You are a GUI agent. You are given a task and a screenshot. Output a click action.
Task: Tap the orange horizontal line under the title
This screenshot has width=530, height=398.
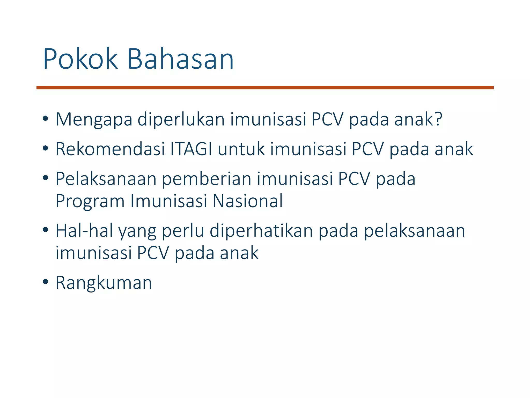click(x=265, y=88)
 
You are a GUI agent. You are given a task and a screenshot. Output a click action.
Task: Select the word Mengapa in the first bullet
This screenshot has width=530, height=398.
click(x=94, y=120)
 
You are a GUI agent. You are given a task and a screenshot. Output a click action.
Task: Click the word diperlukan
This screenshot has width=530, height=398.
click(x=181, y=120)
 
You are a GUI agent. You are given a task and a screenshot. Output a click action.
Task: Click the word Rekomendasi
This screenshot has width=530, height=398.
click(x=110, y=150)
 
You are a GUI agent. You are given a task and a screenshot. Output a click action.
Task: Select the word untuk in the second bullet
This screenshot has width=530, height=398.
click(x=241, y=150)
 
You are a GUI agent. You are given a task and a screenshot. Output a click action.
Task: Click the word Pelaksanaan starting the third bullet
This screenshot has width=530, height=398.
click(x=106, y=179)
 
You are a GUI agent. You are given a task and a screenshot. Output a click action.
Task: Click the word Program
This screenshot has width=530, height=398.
click(x=90, y=202)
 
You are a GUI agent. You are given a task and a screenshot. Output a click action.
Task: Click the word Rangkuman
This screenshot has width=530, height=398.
click(x=104, y=283)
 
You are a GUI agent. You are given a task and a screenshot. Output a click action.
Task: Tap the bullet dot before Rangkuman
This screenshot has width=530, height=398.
click(x=46, y=282)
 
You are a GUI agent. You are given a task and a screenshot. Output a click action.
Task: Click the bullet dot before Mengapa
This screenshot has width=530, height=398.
click(x=46, y=119)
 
